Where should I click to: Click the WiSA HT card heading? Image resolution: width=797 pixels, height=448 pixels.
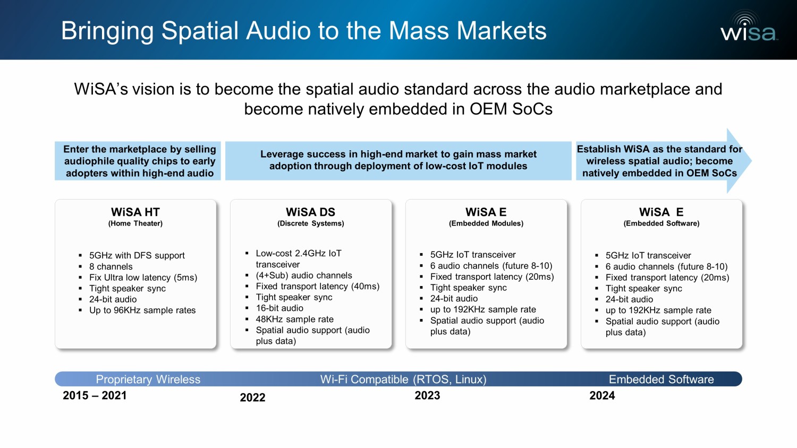click(x=135, y=212)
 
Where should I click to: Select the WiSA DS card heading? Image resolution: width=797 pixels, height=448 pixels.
click(x=311, y=212)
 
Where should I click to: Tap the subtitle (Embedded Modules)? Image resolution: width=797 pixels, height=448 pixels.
click(x=486, y=223)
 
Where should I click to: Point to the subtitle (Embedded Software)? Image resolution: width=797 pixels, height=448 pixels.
click(x=662, y=223)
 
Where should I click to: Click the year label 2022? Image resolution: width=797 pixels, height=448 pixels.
click(x=252, y=397)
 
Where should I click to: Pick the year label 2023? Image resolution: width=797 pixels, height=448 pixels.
click(x=427, y=395)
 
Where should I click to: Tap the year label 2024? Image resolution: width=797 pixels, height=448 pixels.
click(x=602, y=395)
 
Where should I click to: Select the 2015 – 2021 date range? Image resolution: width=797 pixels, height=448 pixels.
click(x=95, y=395)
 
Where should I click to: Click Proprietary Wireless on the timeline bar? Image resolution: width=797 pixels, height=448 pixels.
click(x=148, y=380)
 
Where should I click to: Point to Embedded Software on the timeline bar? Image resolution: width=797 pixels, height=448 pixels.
click(x=662, y=380)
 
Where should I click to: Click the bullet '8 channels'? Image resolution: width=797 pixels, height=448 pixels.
click(x=111, y=266)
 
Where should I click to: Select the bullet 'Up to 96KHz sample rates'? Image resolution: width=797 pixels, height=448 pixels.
click(x=142, y=310)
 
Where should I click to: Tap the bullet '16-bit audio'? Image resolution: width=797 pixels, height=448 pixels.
click(x=279, y=308)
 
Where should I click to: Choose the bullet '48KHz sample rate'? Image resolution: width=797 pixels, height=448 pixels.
click(x=294, y=319)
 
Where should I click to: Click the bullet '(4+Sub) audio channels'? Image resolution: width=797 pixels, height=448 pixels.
click(x=304, y=275)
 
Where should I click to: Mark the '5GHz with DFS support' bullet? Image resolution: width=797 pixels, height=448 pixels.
click(x=137, y=255)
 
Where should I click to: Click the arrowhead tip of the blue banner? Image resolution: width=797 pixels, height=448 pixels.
click(x=751, y=161)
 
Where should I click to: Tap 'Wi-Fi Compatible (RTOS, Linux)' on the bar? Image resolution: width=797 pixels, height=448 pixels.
click(x=403, y=380)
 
